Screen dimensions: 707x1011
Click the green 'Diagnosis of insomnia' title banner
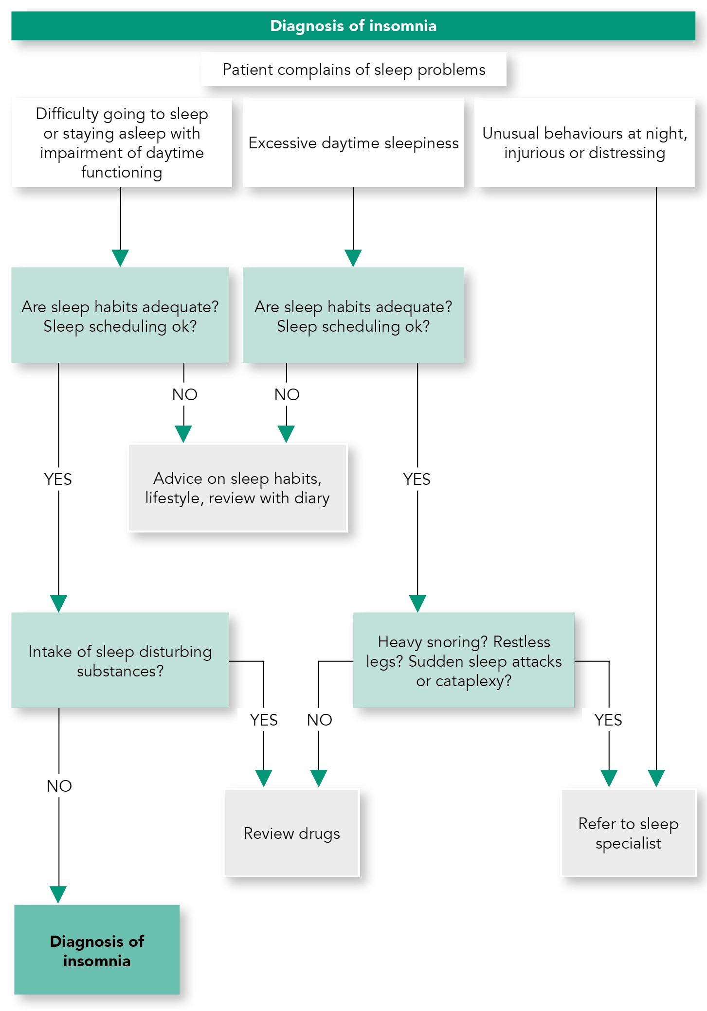point(353,26)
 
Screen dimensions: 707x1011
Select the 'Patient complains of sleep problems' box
point(354,70)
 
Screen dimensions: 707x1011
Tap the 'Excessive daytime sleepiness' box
point(353,142)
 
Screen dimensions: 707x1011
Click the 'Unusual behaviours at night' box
point(584,142)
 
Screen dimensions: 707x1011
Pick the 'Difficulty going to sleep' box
point(122,142)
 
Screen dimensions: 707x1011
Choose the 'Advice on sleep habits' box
point(237,488)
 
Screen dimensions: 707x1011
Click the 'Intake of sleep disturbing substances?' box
point(120,660)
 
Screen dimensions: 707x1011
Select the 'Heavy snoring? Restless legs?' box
point(464,660)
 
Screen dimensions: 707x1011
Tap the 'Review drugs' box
point(292,833)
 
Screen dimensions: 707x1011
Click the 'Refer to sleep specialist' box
point(629,833)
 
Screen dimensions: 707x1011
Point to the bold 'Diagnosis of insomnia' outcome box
point(97,950)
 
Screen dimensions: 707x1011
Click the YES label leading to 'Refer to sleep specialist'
point(608,720)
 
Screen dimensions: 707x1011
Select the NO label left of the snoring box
point(319,720)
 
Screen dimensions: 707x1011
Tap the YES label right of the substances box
point(264,720)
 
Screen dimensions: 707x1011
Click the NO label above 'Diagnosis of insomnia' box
point(59,786)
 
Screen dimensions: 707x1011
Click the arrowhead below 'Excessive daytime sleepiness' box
point(353,258)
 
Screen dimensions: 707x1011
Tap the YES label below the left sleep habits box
point(58,479)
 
